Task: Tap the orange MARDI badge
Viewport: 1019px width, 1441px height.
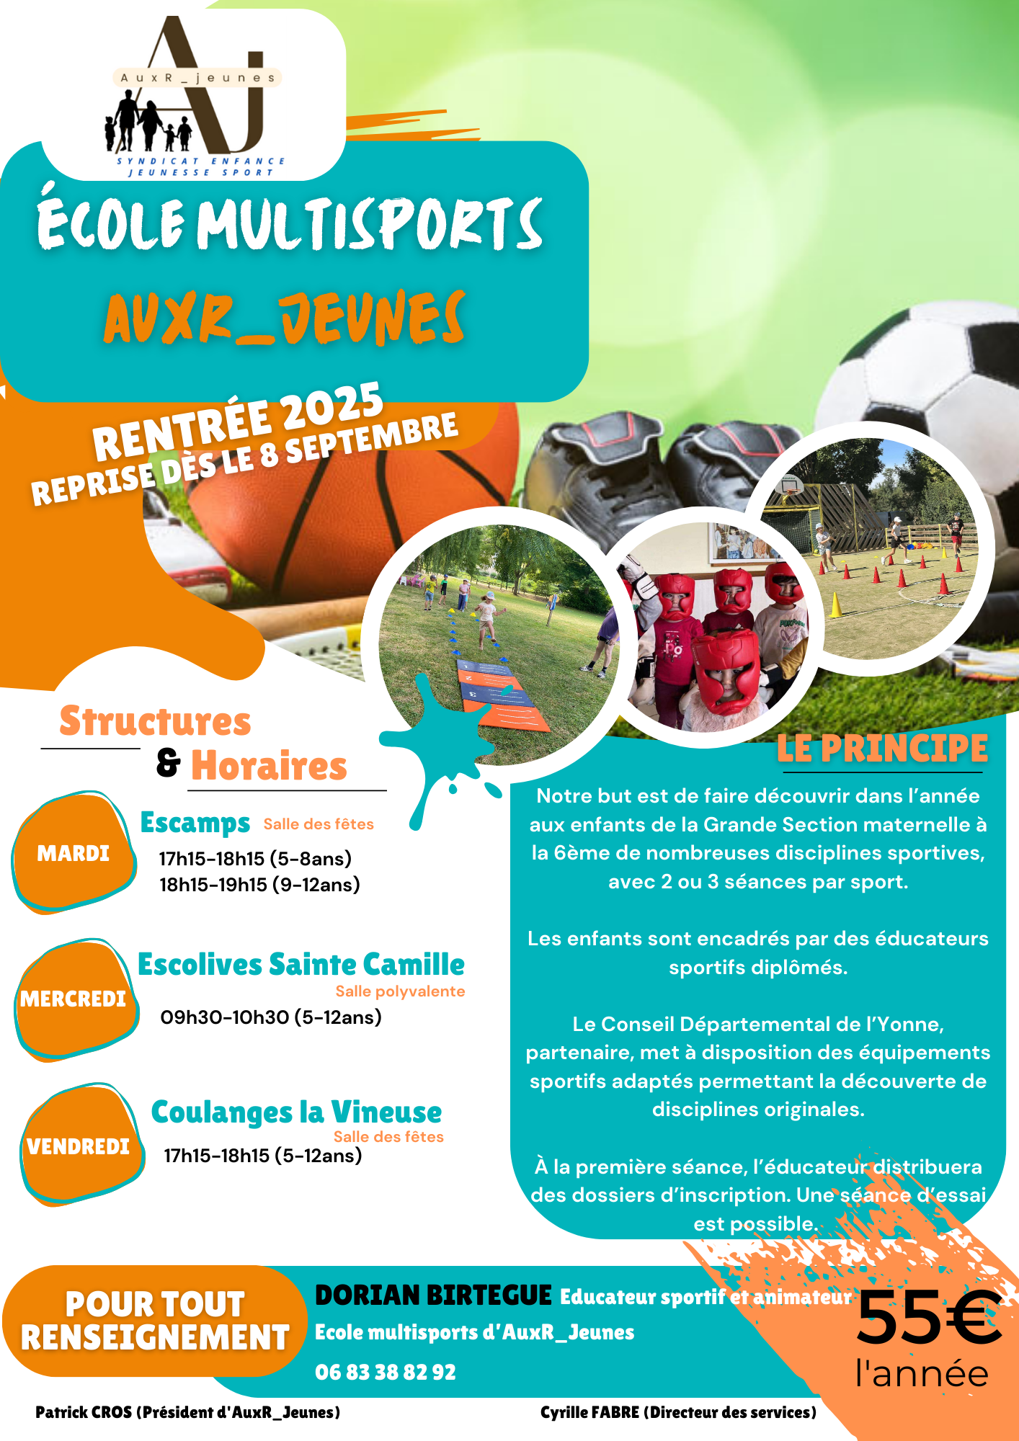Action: tap(74, 852)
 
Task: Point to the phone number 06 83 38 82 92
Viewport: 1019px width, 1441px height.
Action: tap(386, 1372)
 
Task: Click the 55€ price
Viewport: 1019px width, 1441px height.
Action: tap(928, 1317)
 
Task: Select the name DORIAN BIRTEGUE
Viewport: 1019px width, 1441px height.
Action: tap(433, 1295)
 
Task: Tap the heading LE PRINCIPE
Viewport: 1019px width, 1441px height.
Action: tap(882, 748)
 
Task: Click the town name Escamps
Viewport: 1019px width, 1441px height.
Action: tap(195, 823)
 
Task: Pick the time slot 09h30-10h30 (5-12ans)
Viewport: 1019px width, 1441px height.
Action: tap(271, 1017)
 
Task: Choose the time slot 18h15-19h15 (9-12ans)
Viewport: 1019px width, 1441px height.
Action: tap(259, 885)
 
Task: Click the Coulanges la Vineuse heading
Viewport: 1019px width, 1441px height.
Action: tap(296, 1112)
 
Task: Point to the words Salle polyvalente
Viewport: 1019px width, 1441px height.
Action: tap(400, 991)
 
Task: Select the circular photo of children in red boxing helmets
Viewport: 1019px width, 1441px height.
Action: tap(713, 627)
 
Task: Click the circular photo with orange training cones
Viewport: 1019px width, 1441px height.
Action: tap(868, 549)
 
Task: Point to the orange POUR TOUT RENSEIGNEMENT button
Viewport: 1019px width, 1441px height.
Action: tap(155, 1321)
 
